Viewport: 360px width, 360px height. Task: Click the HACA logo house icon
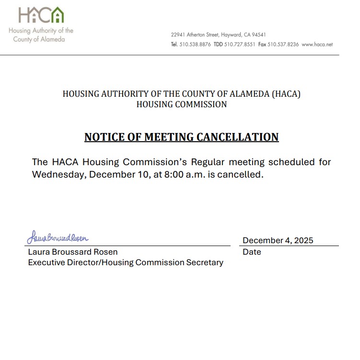(x=57, y=15)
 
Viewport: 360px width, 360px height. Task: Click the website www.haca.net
(x=317, y=45)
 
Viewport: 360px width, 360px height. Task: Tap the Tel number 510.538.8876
(x=195, y=45)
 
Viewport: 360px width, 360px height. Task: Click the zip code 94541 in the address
(x=259, y=35)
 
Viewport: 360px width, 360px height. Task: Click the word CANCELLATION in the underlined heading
(x=238, y=137)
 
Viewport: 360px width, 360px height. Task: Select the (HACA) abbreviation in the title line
(x=286, y=94)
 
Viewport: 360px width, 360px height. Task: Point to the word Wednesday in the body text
(x=58, y=174)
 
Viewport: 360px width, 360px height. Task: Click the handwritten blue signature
(x=58, y=237)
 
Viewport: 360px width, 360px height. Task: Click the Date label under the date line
(x=252, y=252)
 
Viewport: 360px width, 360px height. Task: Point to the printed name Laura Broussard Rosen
(x=73, y=252)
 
